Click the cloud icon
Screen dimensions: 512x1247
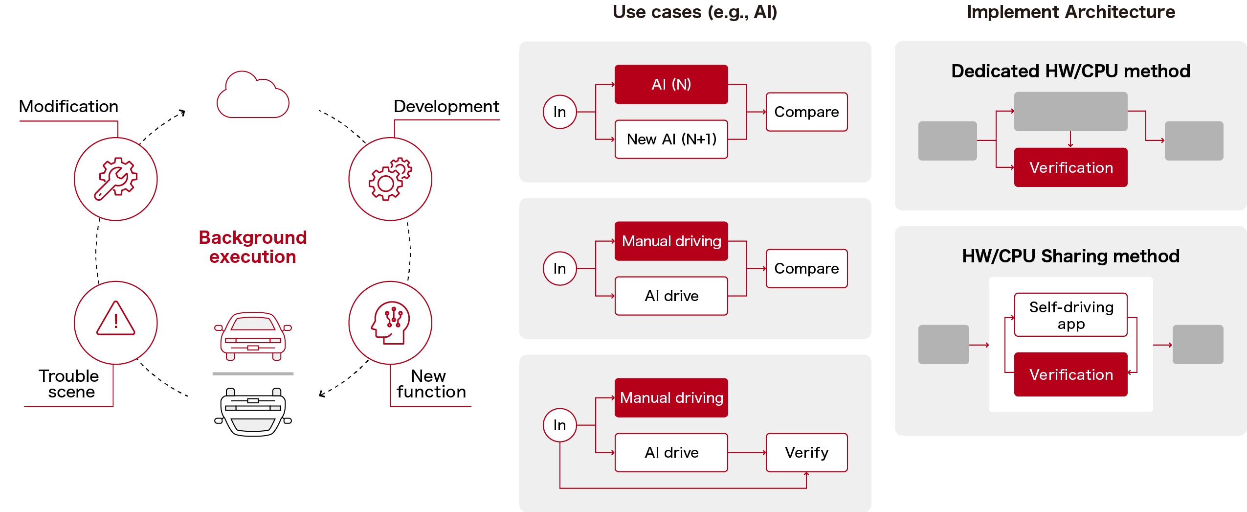253,95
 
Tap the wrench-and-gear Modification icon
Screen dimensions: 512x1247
116,179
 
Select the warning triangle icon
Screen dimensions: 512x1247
116,320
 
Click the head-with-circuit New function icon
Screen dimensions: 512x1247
390,322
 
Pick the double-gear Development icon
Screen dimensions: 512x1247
390,179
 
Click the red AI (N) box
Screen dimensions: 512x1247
671,84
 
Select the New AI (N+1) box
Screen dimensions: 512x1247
671,140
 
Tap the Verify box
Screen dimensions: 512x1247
806,452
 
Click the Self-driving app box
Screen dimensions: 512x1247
1070,315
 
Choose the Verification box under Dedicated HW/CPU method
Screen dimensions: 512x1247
1070,167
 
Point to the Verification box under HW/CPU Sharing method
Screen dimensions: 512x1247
1070,374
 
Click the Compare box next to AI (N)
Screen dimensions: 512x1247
806,112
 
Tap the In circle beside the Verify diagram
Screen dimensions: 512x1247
559,425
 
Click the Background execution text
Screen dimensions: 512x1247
252,247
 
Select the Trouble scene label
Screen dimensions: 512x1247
69,384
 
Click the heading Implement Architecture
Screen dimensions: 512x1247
1070,12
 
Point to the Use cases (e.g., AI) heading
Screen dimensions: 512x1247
694,12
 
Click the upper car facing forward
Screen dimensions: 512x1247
253,336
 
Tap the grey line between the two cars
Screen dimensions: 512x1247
253,373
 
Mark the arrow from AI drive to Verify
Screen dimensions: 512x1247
747,453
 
